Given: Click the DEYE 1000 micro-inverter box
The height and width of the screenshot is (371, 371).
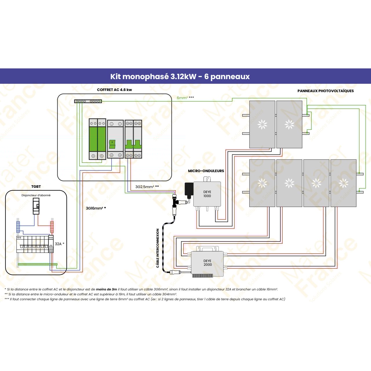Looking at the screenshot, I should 207,194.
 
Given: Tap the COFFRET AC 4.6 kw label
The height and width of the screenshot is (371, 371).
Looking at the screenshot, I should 114,90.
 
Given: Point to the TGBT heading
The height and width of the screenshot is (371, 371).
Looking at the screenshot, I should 36,187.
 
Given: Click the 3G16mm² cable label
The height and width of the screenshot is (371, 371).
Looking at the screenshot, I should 96,208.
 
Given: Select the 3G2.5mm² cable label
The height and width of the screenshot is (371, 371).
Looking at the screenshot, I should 147,187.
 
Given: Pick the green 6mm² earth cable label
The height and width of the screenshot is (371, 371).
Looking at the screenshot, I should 185,98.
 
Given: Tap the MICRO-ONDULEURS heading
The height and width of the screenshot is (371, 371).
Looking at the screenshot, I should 206,171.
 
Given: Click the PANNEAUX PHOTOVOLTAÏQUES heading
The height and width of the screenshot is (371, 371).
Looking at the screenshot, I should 325,91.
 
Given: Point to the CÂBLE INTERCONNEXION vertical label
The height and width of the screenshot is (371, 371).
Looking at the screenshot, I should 158,248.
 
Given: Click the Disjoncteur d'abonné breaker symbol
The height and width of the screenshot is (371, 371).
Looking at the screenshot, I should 36,206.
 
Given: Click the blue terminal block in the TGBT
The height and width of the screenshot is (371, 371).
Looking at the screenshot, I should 18,227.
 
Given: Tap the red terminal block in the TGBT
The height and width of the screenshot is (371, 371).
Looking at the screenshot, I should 52,227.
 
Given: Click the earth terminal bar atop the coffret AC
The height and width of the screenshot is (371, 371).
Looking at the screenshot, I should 88,101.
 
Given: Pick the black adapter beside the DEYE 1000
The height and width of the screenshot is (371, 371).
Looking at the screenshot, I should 189,189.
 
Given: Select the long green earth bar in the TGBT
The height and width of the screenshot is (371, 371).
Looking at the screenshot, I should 37,264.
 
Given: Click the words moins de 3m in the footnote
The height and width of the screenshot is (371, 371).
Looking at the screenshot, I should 106,289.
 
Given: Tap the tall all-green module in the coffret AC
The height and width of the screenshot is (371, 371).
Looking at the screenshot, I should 97,139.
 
